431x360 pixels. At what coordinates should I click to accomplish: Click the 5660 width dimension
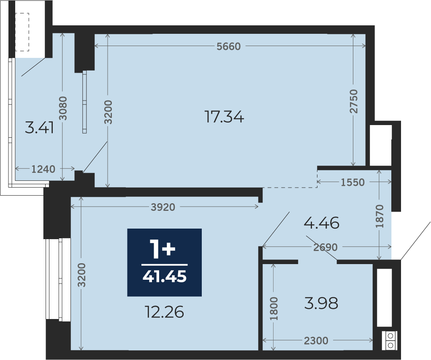coord(229,46)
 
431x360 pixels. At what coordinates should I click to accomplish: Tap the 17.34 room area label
coord(224,117)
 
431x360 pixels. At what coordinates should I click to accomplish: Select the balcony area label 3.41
coord(39,128)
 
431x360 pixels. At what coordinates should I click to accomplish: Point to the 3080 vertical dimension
coord(63,108)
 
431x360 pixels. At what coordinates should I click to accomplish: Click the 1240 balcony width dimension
coord(43,169)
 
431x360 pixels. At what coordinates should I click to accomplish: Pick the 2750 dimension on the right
coord(354,101)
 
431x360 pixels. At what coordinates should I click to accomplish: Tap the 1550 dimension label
coord(352,182)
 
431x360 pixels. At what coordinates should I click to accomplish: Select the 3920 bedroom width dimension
coord(163,207)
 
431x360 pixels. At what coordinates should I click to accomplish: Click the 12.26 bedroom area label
coord(164,312)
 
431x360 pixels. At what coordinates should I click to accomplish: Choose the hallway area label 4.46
coord(322,223)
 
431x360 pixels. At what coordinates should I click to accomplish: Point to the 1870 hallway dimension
coord(379,216)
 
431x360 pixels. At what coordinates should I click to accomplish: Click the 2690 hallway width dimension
coord(325,247)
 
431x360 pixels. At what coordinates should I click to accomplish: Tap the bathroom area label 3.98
coord(321,303)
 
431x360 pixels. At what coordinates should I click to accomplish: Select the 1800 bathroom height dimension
coord(274,308)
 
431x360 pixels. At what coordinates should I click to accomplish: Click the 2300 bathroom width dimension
coord(316,341)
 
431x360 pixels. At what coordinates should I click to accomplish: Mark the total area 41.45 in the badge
coord(164,276)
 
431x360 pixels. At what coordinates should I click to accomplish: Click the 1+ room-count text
coord(162,249)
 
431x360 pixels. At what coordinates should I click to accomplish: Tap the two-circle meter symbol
coord(390,341)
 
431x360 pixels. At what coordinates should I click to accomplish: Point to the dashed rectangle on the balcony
coord(22,32)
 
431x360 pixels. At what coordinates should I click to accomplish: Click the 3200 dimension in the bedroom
coord(81,275)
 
